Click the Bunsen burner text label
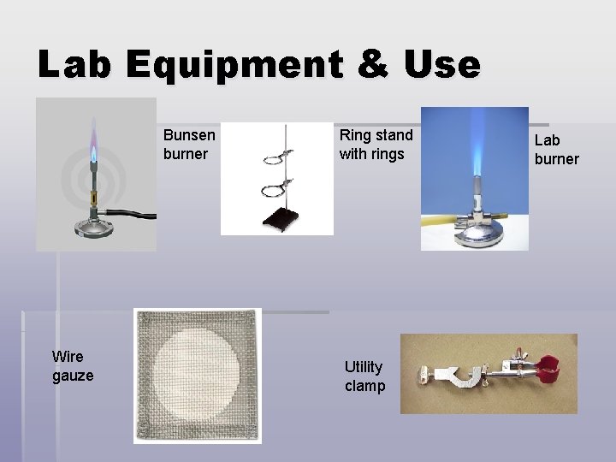pos(189,145)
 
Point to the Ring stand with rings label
pos(376,145)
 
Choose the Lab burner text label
pos(556,150)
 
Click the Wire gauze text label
pos(73,365)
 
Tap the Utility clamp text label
pos(364,376)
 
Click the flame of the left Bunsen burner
pos(92,150)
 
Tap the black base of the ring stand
pos(279,220)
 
